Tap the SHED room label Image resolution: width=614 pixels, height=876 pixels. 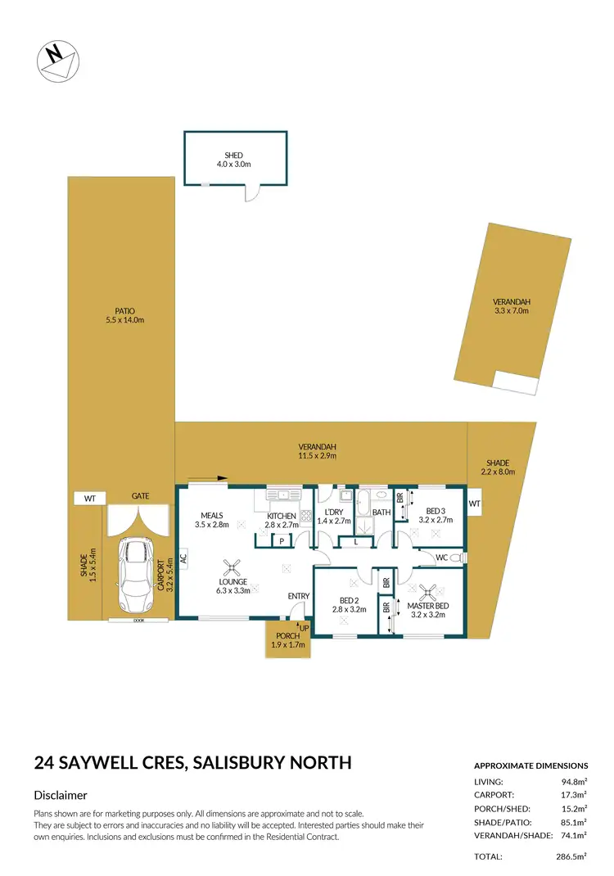(x=235, y=160)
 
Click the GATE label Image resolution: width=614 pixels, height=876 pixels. (x=140, y=496)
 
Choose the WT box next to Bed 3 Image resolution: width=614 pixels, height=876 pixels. (x=475, y=503)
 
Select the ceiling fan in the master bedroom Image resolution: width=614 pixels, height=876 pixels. (x=427, y=591)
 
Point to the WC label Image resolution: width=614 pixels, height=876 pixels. (x=442, y=558)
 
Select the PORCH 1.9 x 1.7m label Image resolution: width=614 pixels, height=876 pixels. (x=288, y=640)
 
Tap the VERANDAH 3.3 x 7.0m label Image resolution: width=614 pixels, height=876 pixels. (x=511, y=306)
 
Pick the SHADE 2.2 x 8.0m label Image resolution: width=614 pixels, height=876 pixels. (x=496, y=467)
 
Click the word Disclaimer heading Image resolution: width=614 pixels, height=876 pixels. (x=61, y=795)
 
